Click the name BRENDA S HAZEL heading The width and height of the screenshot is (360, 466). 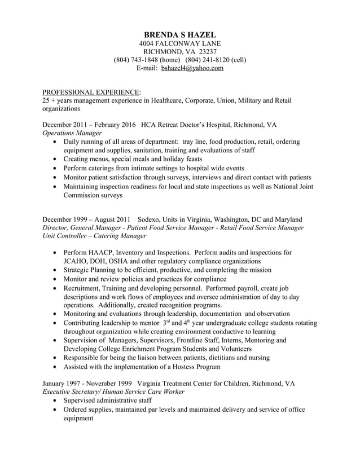(180, 35)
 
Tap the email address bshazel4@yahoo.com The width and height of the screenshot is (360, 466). (192, 68)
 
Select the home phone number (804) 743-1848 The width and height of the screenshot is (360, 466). (136, 60)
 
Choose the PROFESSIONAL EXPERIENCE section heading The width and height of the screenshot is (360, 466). (90, 91)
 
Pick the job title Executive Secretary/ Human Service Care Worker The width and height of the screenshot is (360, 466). (113, 392)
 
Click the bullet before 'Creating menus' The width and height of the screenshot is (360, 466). (54, 160)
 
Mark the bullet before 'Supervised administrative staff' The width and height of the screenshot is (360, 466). (54, 401)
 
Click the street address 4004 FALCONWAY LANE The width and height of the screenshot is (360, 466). (180, 43)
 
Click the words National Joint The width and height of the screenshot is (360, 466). (291, 186)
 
